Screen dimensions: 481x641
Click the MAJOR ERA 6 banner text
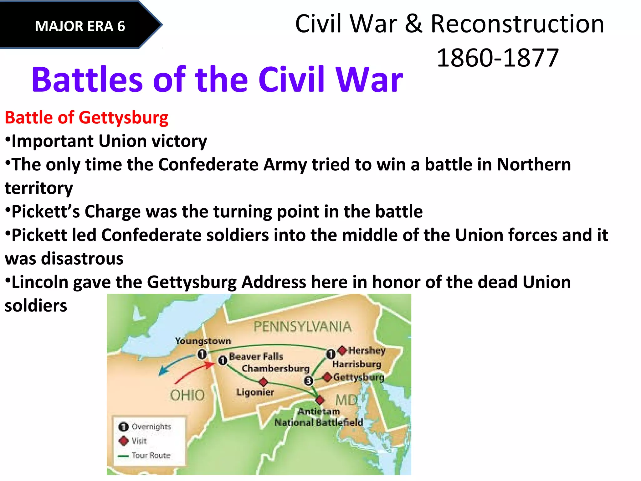coord(80,26)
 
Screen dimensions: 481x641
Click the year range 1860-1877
coord(498,58)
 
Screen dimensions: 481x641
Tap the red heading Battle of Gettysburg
coord(87,118)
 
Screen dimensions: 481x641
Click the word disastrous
coord(82,259)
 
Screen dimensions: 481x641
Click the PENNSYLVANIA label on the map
coord(302,327)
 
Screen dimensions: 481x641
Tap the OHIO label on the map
coord(187,395)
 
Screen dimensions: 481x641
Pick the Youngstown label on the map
coord(203,341)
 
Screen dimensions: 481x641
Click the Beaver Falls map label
coord(256,356)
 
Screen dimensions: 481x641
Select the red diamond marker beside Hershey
coord(343,350)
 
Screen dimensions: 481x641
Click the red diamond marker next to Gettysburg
coord(327,377)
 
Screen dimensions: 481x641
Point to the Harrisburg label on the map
coord(356,364)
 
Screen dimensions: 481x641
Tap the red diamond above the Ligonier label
coord(263,382)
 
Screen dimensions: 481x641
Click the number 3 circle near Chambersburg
coord(308,381)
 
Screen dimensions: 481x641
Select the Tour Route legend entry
coord(151,455)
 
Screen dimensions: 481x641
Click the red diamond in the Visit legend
coord(124,441)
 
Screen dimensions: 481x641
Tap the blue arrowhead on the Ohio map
coord(162,372)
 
